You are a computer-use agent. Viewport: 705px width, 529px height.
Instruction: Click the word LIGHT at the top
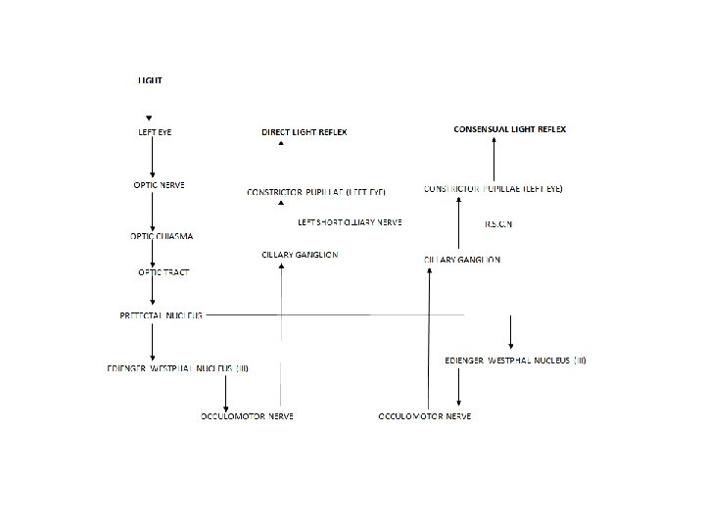point(150,79)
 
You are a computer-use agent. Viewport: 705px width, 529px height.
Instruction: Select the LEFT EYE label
point(155,131)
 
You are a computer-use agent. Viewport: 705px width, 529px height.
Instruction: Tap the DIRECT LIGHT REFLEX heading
point(304,131)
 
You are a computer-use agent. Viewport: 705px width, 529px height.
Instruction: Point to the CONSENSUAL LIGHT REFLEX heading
point(509,129)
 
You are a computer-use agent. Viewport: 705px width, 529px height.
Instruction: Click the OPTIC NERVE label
point(160,184)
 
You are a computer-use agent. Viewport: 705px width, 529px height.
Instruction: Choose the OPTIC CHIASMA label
point(162,236)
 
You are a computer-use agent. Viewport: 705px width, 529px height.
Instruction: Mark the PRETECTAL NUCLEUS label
point(161,315)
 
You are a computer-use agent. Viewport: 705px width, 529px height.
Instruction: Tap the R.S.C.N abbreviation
point(498,224)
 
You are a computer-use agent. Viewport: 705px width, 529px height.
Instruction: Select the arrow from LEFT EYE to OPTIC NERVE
point(153,157)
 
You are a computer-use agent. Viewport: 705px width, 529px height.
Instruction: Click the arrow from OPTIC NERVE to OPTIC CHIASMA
point(153,211)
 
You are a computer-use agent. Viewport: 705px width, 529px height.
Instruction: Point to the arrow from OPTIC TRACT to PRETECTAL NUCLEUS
point(153,291)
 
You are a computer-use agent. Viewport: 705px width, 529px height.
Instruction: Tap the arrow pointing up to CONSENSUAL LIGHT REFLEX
point(495,157)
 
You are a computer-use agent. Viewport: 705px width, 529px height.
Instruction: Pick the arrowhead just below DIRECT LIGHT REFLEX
point(281,144)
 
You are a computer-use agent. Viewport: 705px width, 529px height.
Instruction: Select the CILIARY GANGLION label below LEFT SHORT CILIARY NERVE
point(300,255)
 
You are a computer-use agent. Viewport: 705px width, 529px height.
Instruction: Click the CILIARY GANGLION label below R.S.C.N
point(462,260)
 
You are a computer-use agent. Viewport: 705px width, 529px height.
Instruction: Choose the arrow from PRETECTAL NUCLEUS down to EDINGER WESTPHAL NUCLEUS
point(153,341)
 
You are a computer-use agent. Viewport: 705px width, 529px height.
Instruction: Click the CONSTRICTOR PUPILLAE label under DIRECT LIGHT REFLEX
point(316,192)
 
